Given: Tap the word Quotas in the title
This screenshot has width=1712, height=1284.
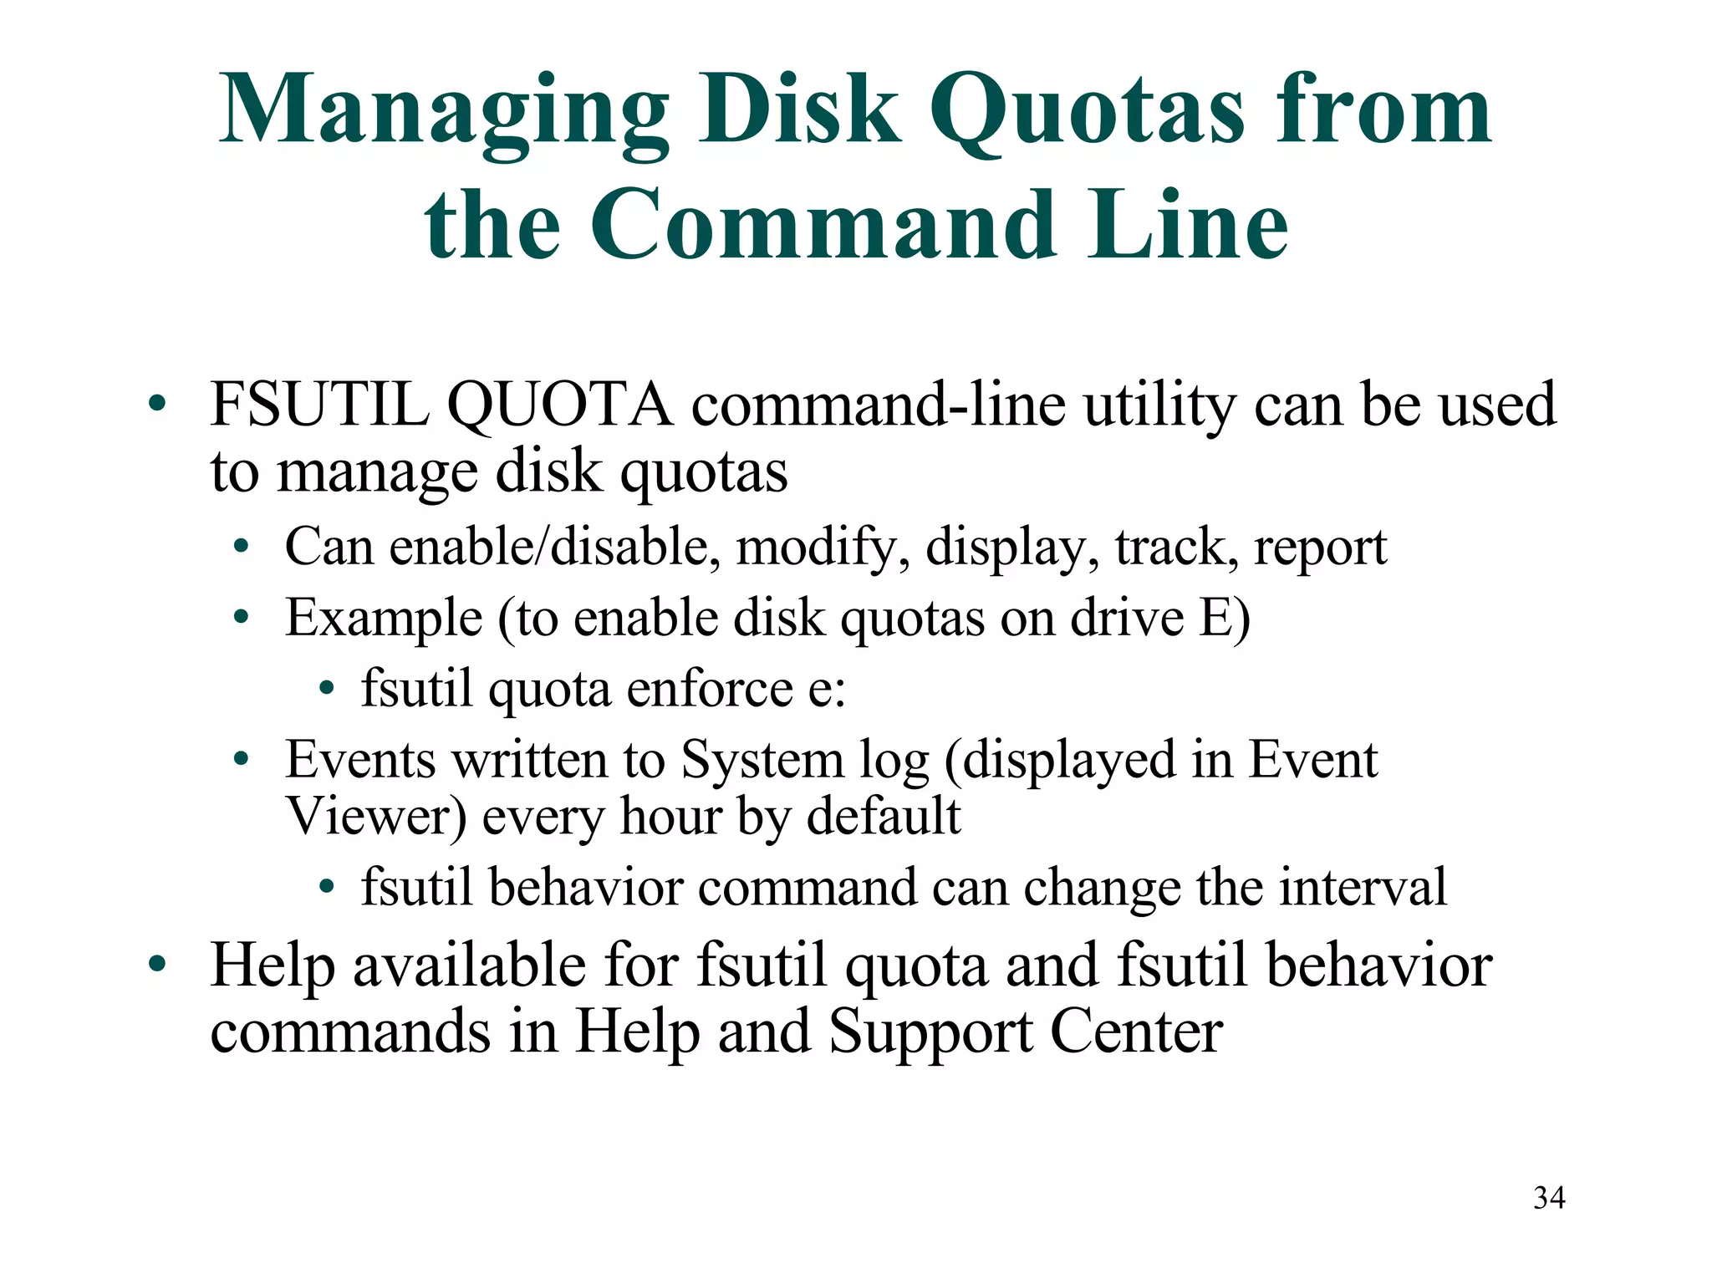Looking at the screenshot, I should point(1087,113).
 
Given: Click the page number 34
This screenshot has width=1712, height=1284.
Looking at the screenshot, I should point(1549,1198).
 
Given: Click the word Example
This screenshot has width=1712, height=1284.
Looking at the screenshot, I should point(384,619).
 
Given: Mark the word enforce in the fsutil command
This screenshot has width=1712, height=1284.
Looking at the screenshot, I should point(710,690).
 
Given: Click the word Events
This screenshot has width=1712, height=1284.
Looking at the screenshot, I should point(360,761).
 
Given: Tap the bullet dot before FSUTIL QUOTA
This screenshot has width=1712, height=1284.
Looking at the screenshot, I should point(156,405).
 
